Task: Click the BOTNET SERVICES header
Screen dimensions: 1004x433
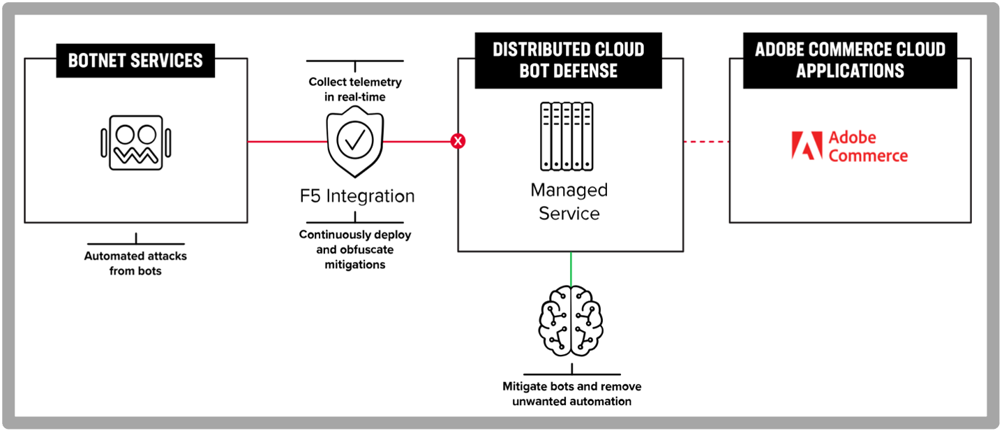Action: tap(135, 61)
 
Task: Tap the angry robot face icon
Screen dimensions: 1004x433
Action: tap(136, 142)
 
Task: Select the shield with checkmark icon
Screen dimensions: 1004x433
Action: tap(355, 142)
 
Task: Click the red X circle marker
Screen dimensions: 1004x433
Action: tap(458, 141)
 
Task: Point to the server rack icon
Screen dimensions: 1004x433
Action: tap(567, 136)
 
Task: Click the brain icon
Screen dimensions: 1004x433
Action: tap(571, 321)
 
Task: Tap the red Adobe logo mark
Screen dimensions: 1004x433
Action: tap(807, 145)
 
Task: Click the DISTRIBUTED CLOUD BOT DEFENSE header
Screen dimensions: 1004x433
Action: tap(569, 61)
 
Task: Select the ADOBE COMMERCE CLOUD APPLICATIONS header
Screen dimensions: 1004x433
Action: tap(851, 61)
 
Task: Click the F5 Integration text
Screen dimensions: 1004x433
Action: tap(357, 196)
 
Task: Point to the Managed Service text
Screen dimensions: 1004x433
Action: tap(569, 201)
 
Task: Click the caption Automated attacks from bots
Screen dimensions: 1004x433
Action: tap(135, 263)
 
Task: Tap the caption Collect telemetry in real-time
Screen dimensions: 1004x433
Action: tap(355, 89)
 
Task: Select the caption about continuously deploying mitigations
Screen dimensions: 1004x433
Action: tap(355, 249)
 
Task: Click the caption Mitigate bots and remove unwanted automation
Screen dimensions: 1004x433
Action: tap(572, 393)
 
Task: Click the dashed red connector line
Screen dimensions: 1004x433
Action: tap(706, 142)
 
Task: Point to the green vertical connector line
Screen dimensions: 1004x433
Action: tap(571, 269)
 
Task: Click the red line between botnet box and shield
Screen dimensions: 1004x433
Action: tap(287, 142)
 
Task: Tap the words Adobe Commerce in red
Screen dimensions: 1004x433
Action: tap(868, 146)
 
